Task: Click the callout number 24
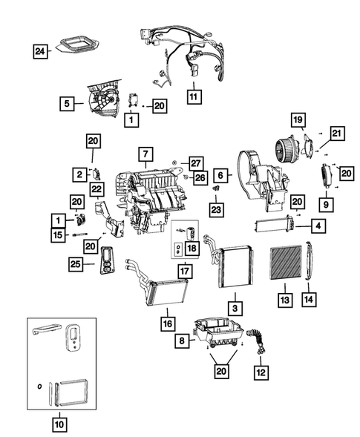(42, 51)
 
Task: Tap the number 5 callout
(68, 105)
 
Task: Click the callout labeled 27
(195, 162)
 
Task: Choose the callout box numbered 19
(297, 119)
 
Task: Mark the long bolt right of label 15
(83, 236)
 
